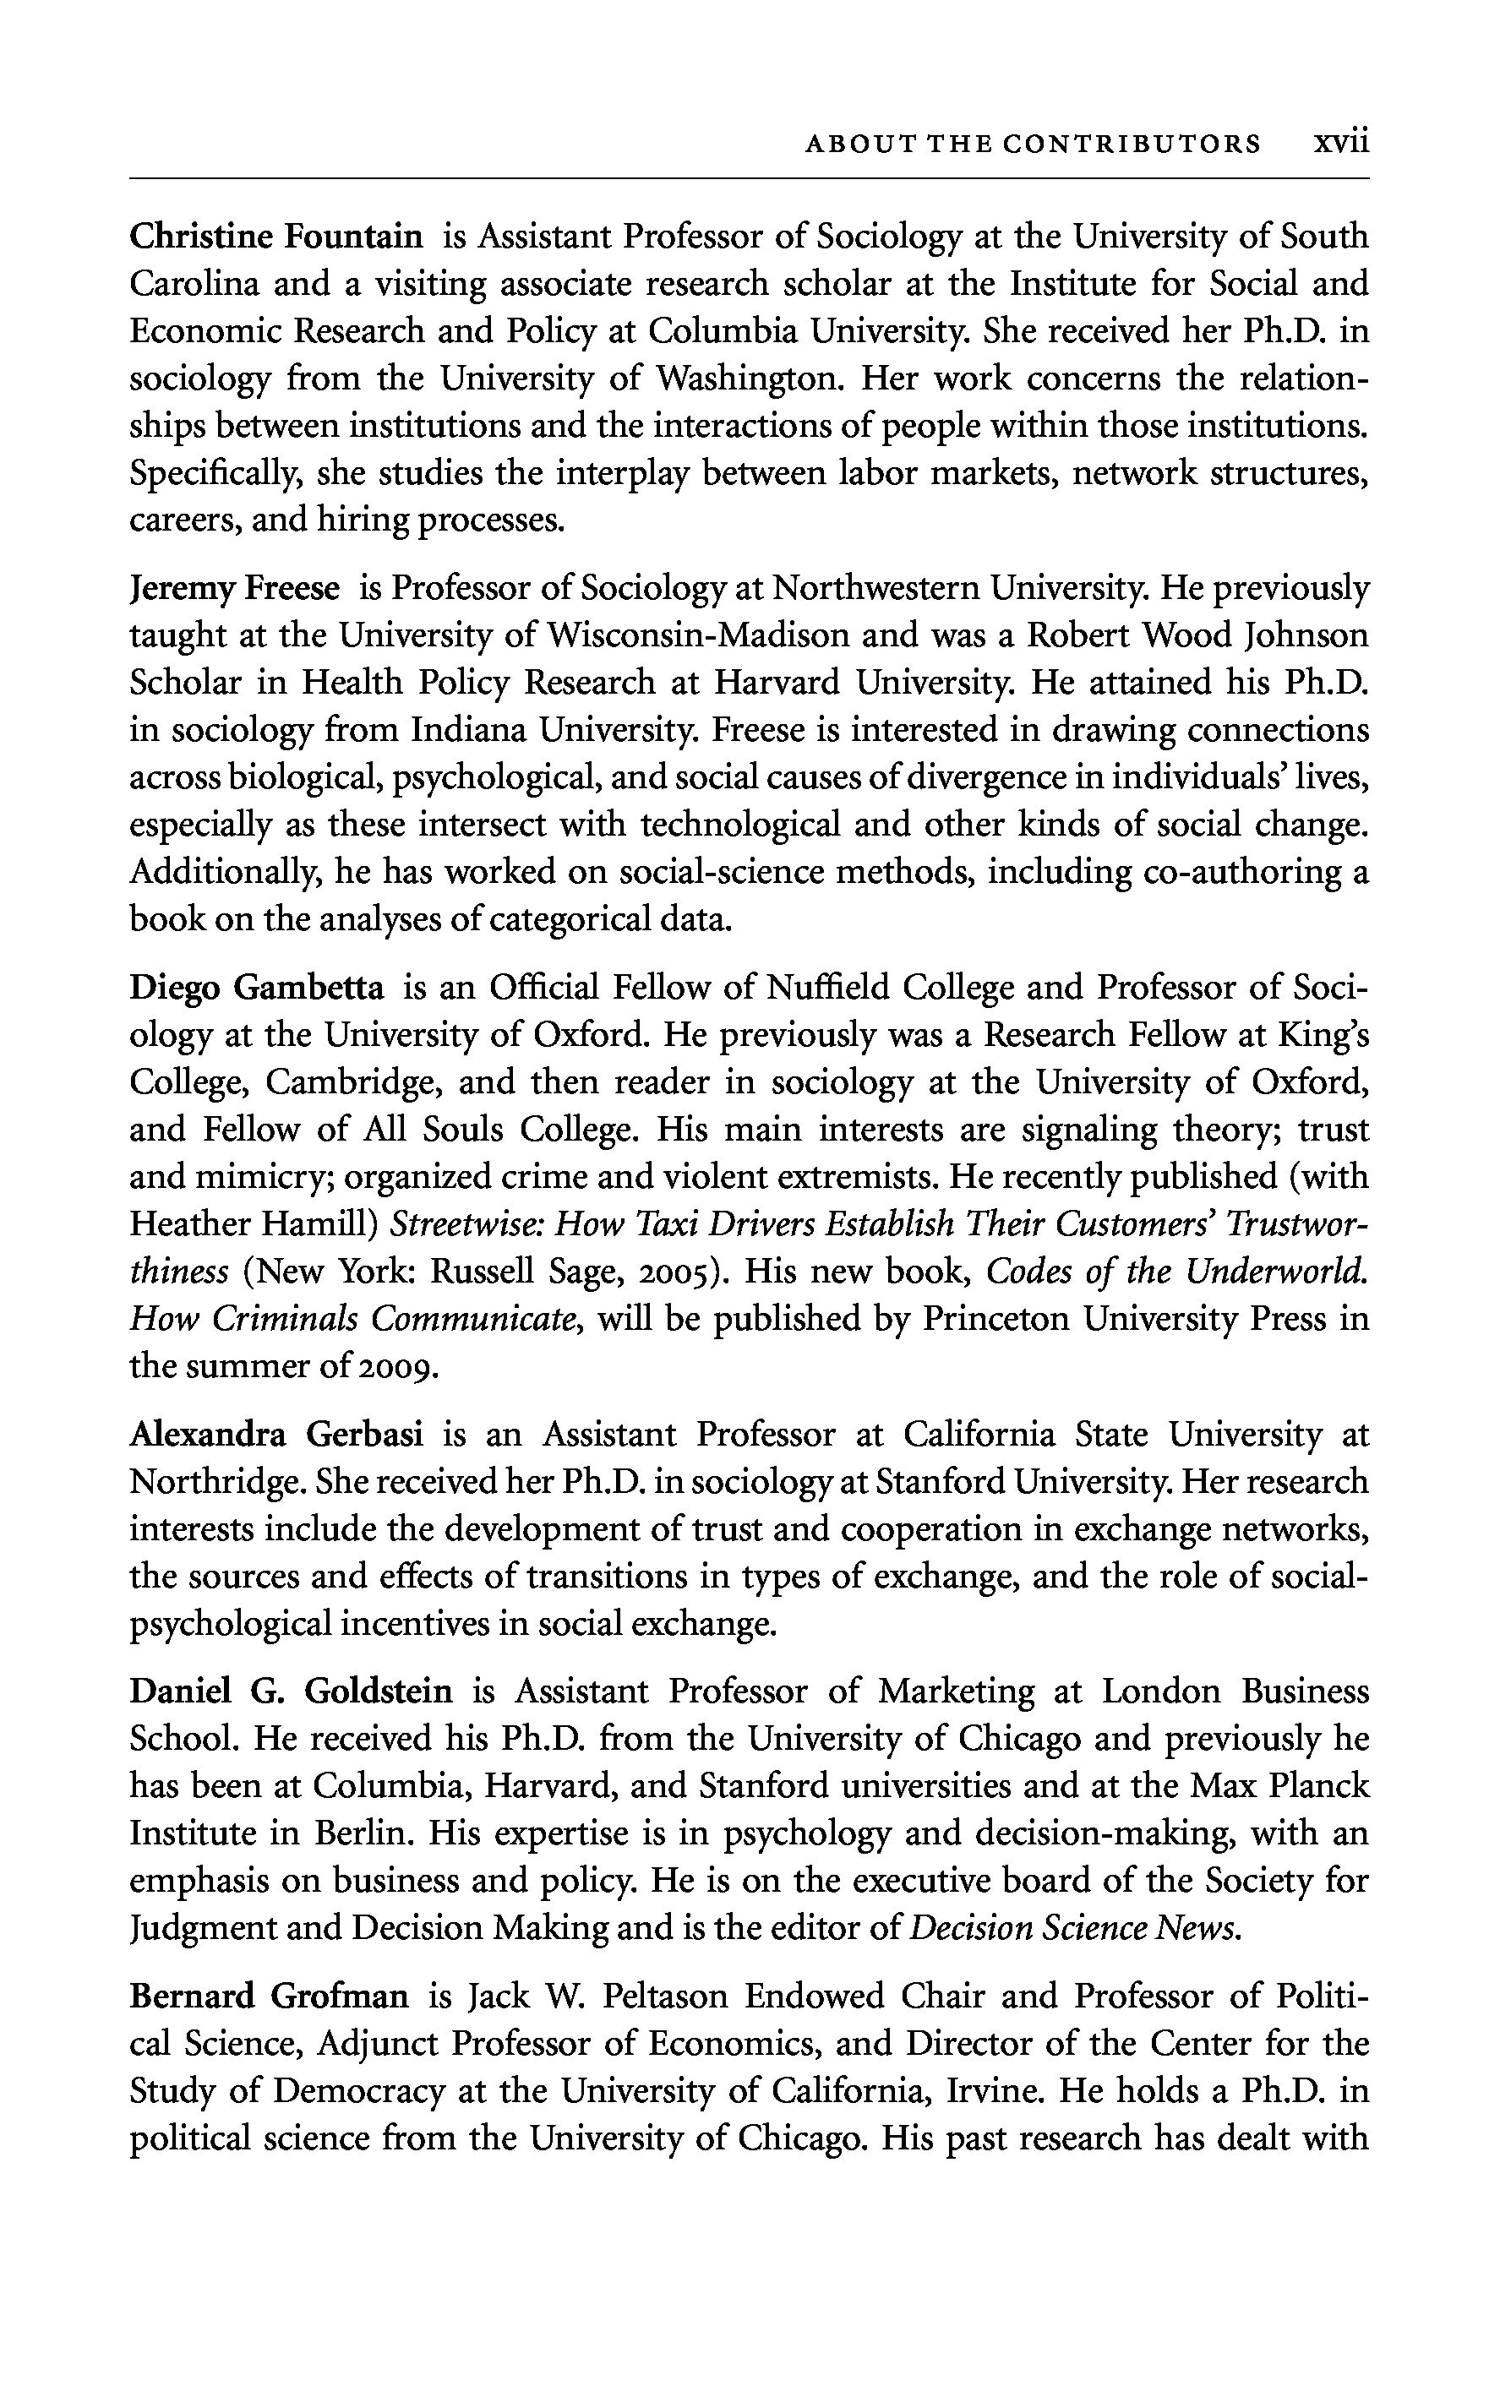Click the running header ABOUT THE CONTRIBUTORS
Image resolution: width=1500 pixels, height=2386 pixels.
point(1033,144)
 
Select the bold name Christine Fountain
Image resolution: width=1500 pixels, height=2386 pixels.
point(276,237)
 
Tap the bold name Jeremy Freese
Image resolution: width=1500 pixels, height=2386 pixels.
point(235,590)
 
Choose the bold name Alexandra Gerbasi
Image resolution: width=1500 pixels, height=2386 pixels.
point(276,1435)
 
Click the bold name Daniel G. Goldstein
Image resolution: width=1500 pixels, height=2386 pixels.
point(291,1691)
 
